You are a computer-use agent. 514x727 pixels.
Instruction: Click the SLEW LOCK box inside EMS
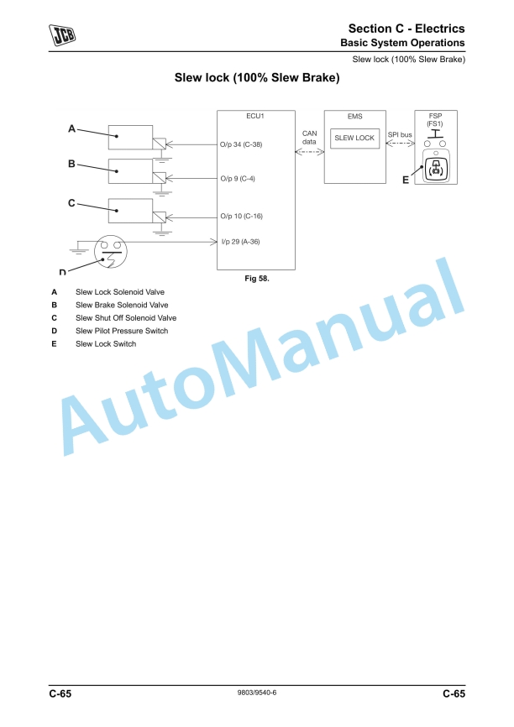(354, 138)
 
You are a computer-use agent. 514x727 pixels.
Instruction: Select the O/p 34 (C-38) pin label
(241, 144)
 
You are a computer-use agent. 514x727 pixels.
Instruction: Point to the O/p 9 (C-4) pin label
(238, 179)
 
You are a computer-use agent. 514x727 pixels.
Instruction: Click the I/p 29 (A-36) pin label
(240, 242)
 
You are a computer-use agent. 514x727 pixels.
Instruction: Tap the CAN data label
(309, 137)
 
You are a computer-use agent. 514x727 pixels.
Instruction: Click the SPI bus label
(400, 134)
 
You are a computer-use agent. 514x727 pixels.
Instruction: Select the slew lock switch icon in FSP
(435, 169)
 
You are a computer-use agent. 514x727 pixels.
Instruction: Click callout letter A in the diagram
(71, 128)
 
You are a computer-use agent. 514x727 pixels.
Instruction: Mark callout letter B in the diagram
(71, 164)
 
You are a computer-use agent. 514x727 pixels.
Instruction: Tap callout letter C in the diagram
(71, 202)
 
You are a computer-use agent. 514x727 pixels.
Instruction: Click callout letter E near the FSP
(406, 179)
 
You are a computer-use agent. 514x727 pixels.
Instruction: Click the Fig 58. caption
(256, 278)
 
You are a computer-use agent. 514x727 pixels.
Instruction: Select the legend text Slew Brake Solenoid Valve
(122, 305)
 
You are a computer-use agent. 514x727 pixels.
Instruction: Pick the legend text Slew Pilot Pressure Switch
(122, 331)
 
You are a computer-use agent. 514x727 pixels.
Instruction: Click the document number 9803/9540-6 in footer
(258, 693)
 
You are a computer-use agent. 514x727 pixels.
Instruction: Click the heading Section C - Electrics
(406, 29)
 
